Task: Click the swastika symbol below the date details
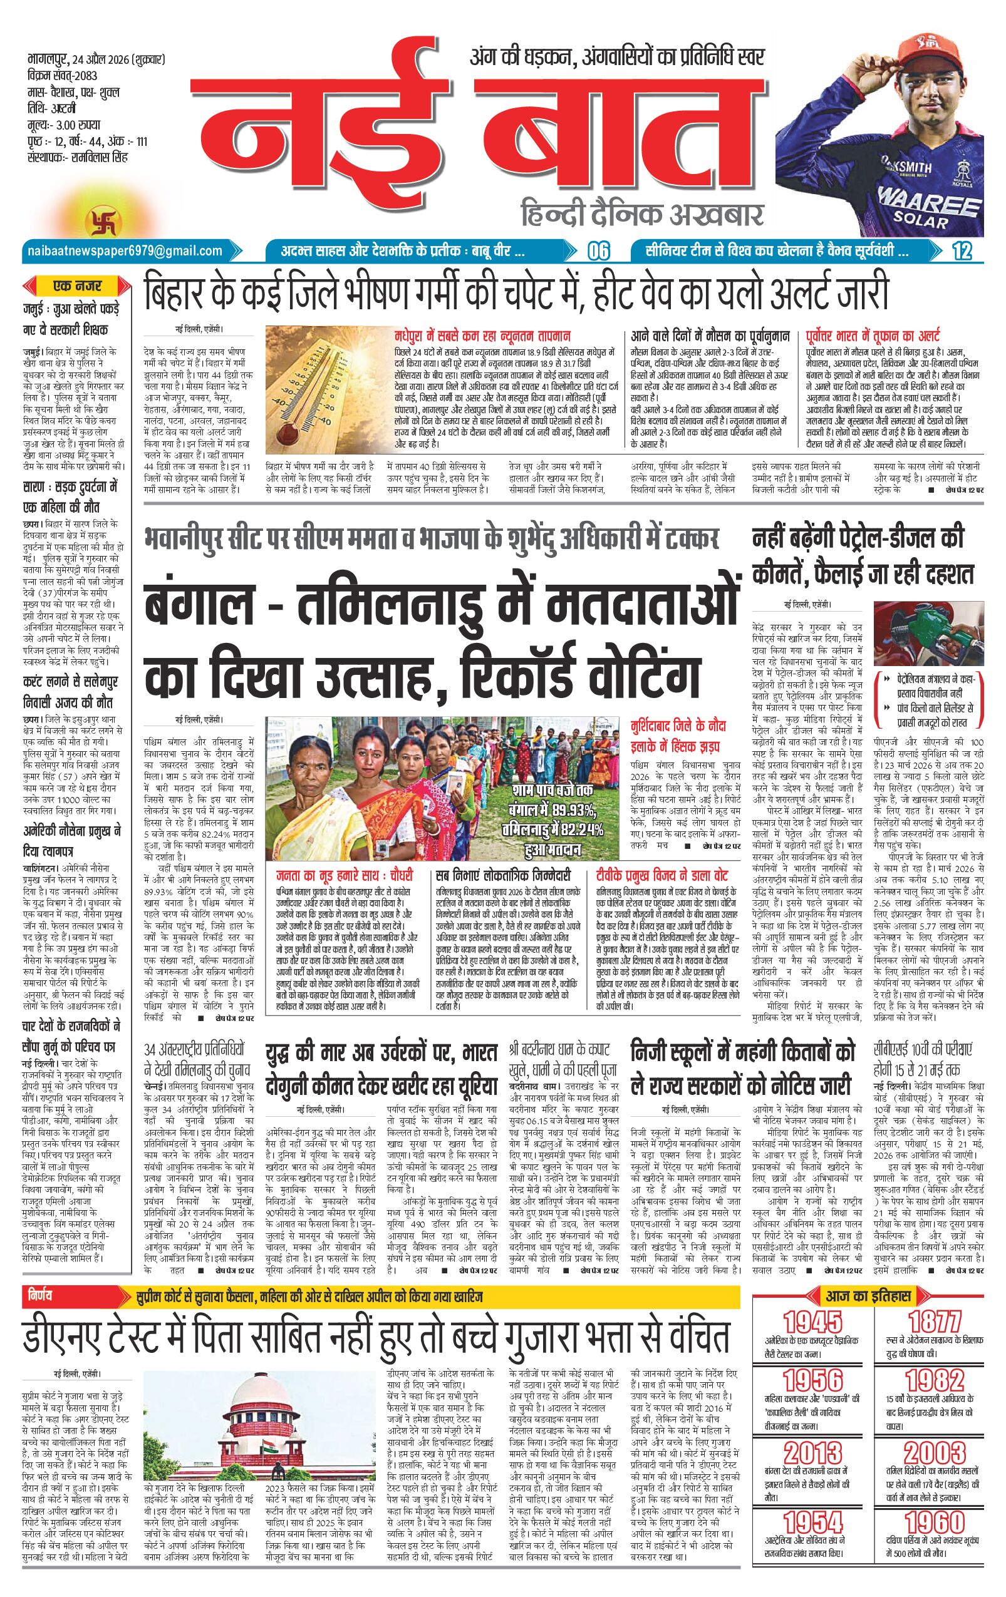[x=97, y=219]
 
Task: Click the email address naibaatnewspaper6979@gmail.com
[x=123, y=250]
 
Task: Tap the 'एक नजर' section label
[x=78, y=287]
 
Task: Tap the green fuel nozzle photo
[x=926, y=637]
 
